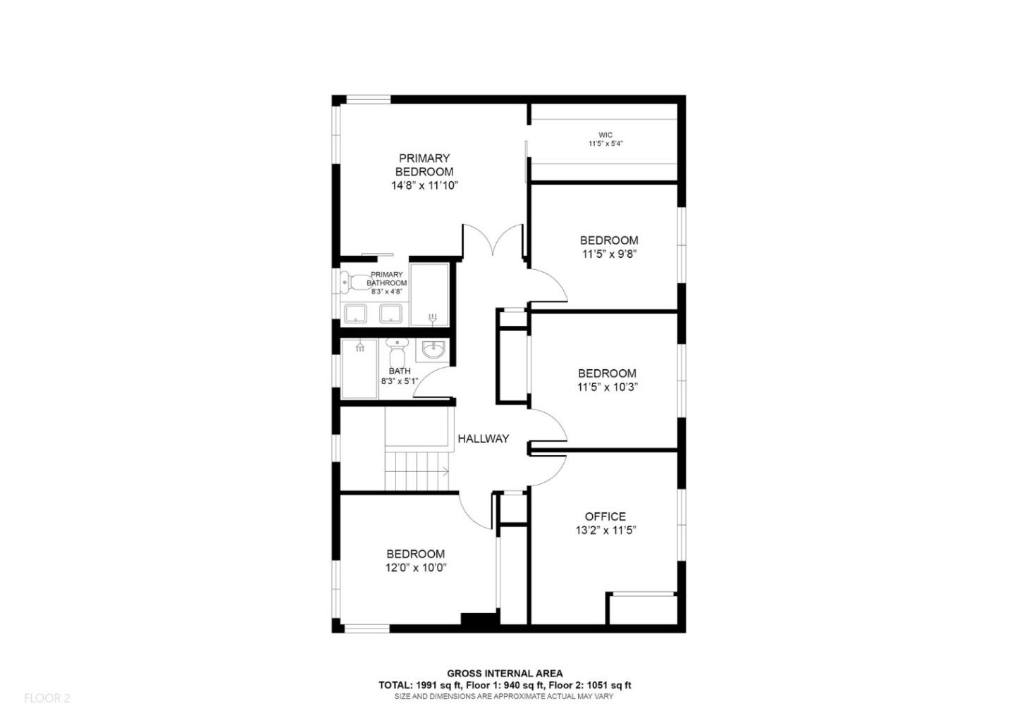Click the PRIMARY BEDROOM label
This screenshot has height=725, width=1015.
[x=424, y=165]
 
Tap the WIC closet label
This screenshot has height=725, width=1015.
[x=605, y=135]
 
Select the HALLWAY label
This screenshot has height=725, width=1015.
[x=483, y=438]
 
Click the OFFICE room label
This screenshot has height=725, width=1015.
[x=605, y=516]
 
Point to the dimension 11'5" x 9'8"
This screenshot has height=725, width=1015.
[x=609, y=254]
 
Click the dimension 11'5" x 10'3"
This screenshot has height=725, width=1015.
[x=608, y=387]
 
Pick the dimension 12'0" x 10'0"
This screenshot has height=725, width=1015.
[x=416, y=567]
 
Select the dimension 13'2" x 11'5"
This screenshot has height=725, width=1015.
[x=605, y=531]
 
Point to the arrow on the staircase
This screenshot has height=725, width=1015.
[x=445, y=471]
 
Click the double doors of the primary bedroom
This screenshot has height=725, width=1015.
[x=493, y=243]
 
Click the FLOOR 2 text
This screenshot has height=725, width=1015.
[x=47, y=698]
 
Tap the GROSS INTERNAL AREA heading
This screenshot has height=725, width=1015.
[x=505, y=674]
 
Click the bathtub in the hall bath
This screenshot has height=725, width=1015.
[x=359, y=368]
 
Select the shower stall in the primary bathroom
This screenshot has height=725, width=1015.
[x=429, y=295]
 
